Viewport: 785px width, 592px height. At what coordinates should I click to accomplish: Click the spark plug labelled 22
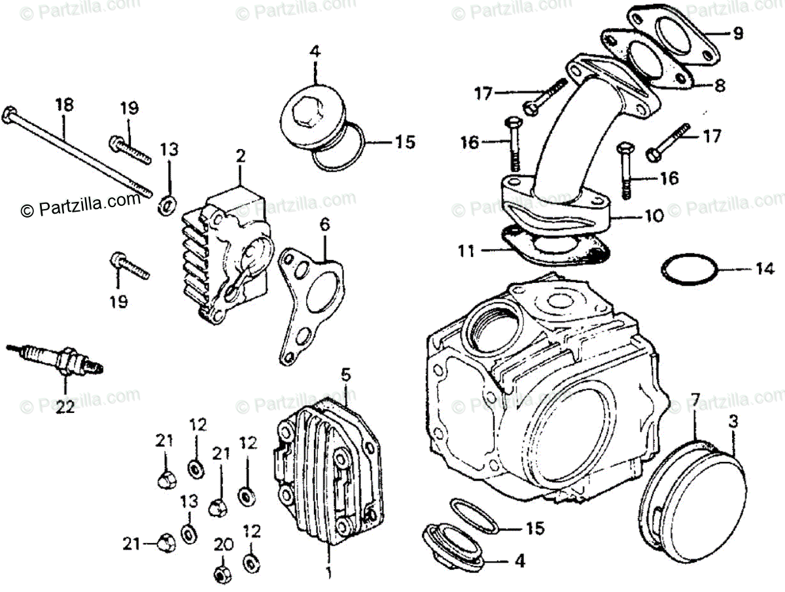click(59, 359)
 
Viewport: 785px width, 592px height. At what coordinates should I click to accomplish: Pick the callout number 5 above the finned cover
click(346, 375)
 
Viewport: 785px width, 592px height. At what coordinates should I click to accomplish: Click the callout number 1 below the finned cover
click(328, 575)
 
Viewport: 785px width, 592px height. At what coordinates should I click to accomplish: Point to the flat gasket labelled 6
click(307, 301)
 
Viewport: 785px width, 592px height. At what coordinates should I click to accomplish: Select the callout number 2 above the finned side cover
click(240, 156)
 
